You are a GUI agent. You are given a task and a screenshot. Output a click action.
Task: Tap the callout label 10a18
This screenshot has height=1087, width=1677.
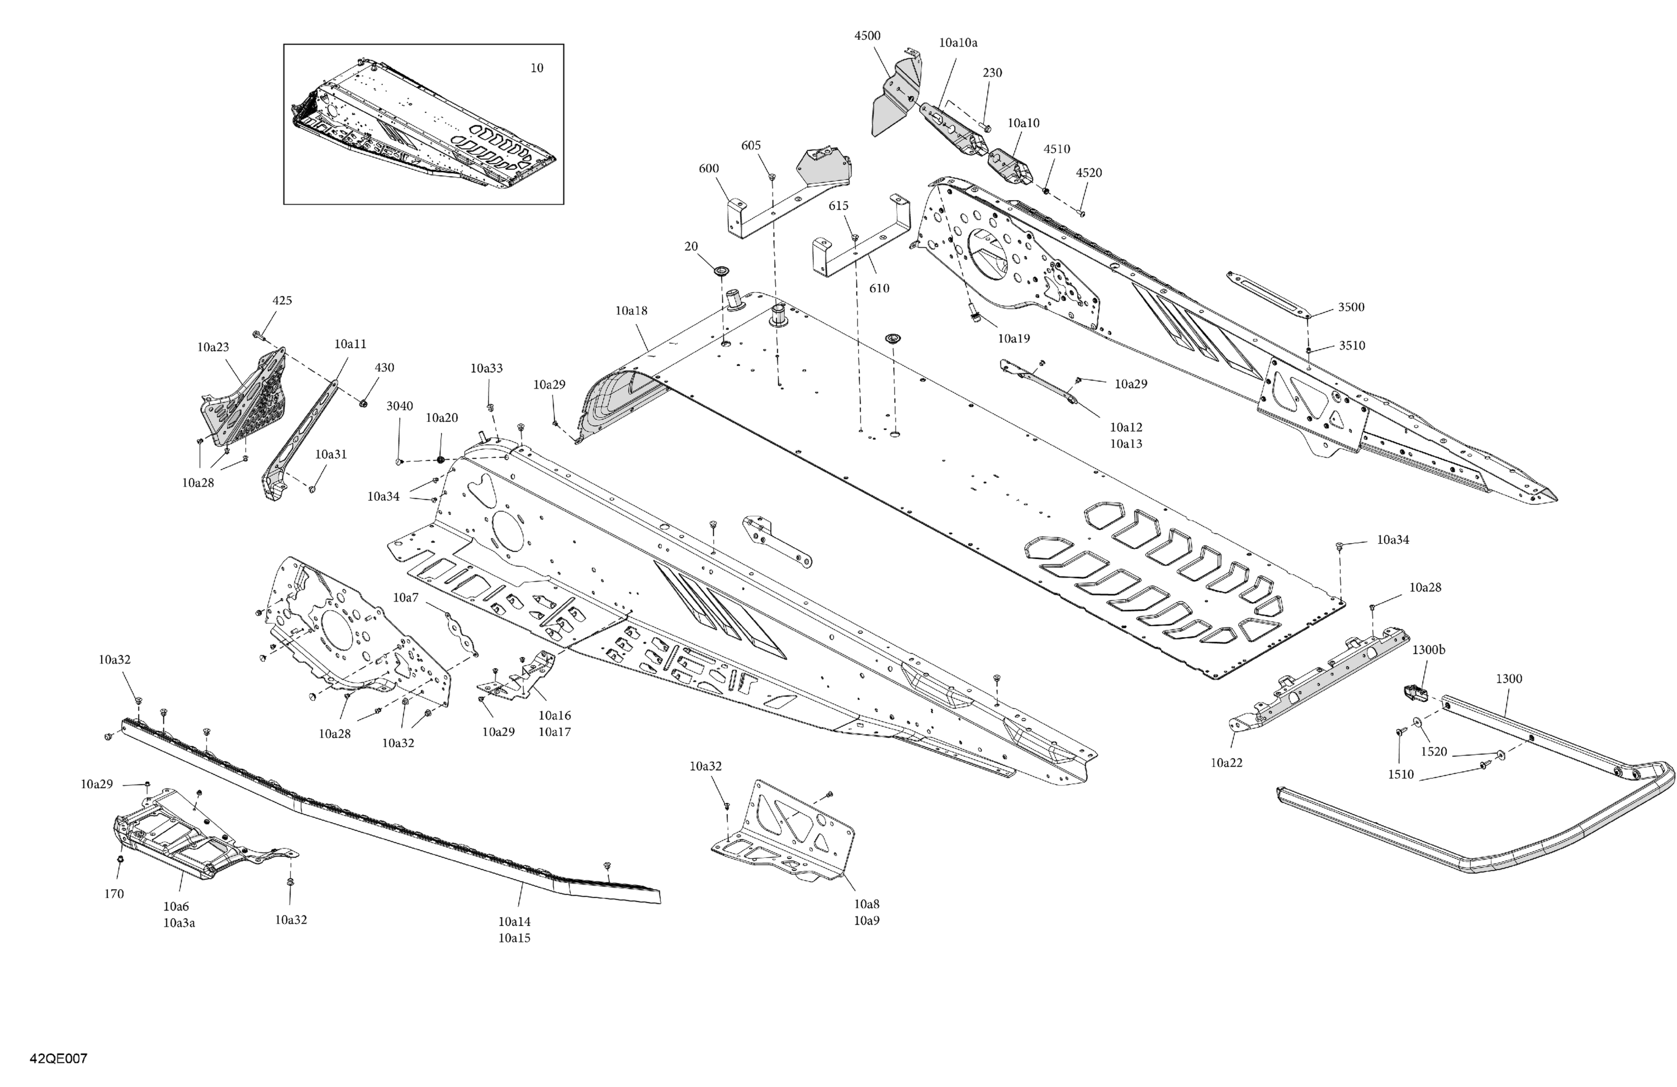coord(631,311)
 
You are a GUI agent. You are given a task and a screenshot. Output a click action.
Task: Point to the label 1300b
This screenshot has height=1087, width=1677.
coord(1428,650)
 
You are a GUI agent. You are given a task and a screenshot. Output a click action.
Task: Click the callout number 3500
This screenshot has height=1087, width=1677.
coord(1351,307)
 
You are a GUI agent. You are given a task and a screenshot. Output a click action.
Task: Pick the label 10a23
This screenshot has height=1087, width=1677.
coord(213,347)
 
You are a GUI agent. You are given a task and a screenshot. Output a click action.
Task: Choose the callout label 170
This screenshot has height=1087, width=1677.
coord(113,894)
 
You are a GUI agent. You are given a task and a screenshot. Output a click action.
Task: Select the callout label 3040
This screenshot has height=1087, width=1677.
coord(400,406)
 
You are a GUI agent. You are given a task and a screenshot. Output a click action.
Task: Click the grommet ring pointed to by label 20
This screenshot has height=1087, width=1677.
coord(722,271)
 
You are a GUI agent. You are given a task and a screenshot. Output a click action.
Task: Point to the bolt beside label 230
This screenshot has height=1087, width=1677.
coord(985,127)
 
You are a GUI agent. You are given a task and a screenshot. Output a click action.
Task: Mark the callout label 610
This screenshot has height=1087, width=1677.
coord(879,288)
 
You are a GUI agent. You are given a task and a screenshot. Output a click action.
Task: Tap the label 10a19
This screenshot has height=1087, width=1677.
coord(1013,339)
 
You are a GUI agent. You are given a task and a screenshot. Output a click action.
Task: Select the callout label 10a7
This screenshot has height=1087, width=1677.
coord(405,598)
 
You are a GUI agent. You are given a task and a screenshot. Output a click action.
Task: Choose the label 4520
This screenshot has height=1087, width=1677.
coord(1088,173)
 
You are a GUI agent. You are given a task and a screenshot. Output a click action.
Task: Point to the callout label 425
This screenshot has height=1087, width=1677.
coord(282,301)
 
